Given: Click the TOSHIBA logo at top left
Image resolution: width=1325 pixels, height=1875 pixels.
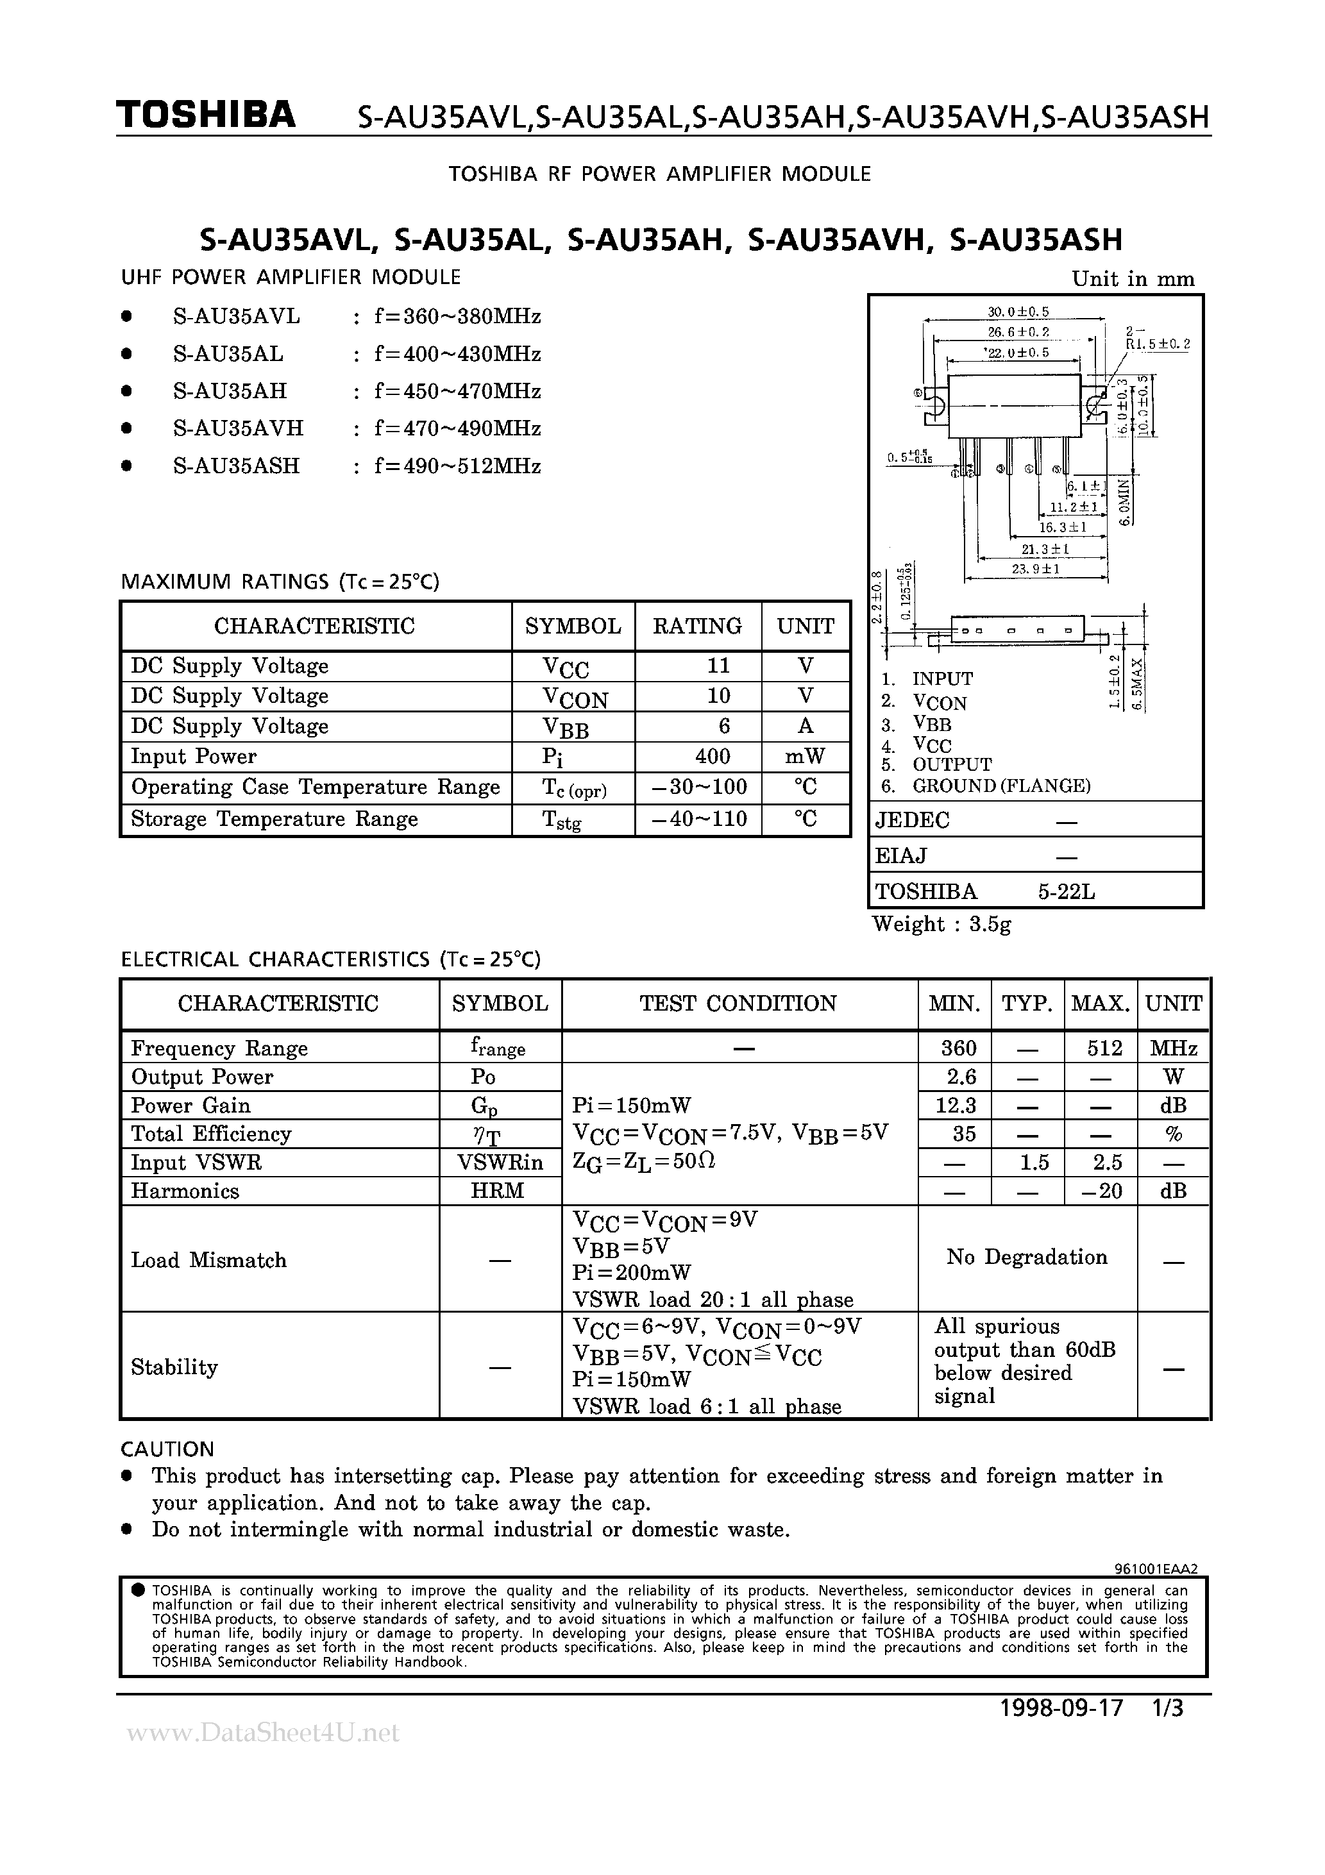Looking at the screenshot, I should click(x=206, y=115).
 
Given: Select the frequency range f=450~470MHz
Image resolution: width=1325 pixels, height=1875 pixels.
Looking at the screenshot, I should click(x=457, y=391).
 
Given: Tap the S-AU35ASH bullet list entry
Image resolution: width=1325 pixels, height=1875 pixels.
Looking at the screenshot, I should click(x=236, y=466).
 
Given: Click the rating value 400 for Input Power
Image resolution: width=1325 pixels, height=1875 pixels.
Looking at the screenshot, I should click(x=713, y=756).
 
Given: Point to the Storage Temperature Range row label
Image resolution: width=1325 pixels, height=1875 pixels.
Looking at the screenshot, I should click(x=274, y=819).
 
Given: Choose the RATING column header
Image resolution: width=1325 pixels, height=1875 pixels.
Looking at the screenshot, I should click(x=698, y=626).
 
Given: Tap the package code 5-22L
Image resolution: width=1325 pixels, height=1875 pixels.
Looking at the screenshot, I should click(x=1066, y=892).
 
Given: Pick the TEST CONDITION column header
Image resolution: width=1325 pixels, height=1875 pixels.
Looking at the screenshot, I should click(x=738, y=1004).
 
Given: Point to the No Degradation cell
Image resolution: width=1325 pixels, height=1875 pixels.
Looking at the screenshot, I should click(x=1027, y=1257).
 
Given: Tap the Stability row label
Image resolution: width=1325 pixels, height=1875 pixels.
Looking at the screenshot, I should click(x=174, y=1367).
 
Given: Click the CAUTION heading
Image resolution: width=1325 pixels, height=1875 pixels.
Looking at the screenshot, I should click(x=167, y=1449).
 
